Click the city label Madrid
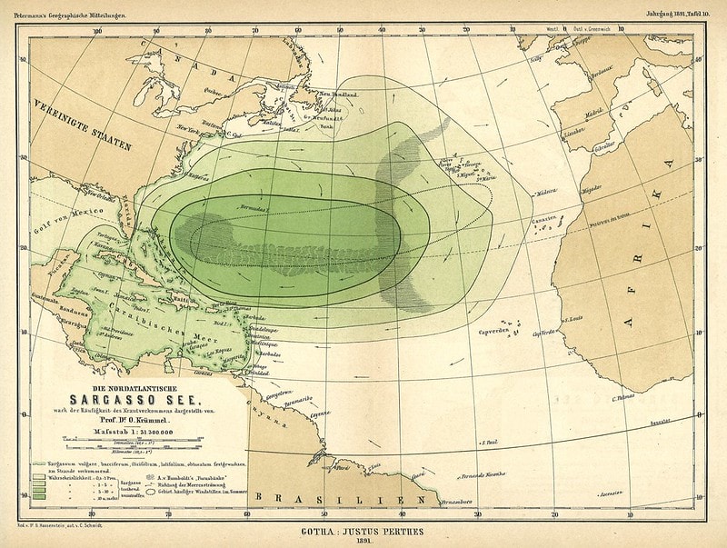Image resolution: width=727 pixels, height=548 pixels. pos(595,115)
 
